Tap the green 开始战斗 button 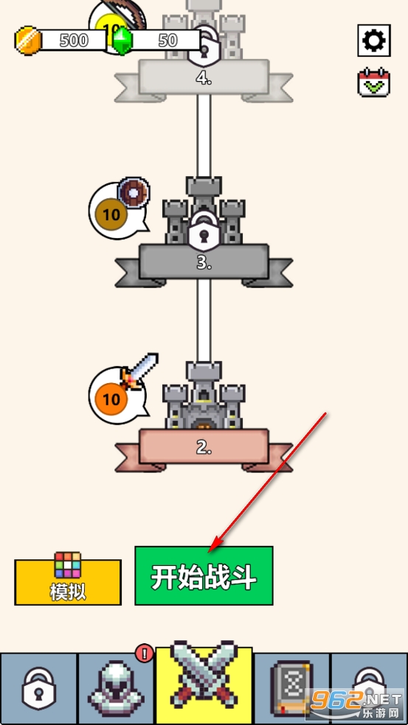[x=204, y=575]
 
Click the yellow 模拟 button [x=68, y=582]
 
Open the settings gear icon [x=374, y=41]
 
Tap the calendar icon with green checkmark [x=374, y=83]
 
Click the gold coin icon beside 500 [x=29, y=41]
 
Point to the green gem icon [x=122, y=41]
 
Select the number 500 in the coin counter [x=74, y=41]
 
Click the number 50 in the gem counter [x=167, y=41]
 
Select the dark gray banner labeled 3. [x=204, y=262]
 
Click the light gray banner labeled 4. [x=204, y=77]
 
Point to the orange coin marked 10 [x=111, y=399]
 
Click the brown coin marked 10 [x=111, y=214]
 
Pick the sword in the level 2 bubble [x=139, y=371]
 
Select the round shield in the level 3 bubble [x=134, y=192]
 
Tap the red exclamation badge [x=145, y=654]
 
